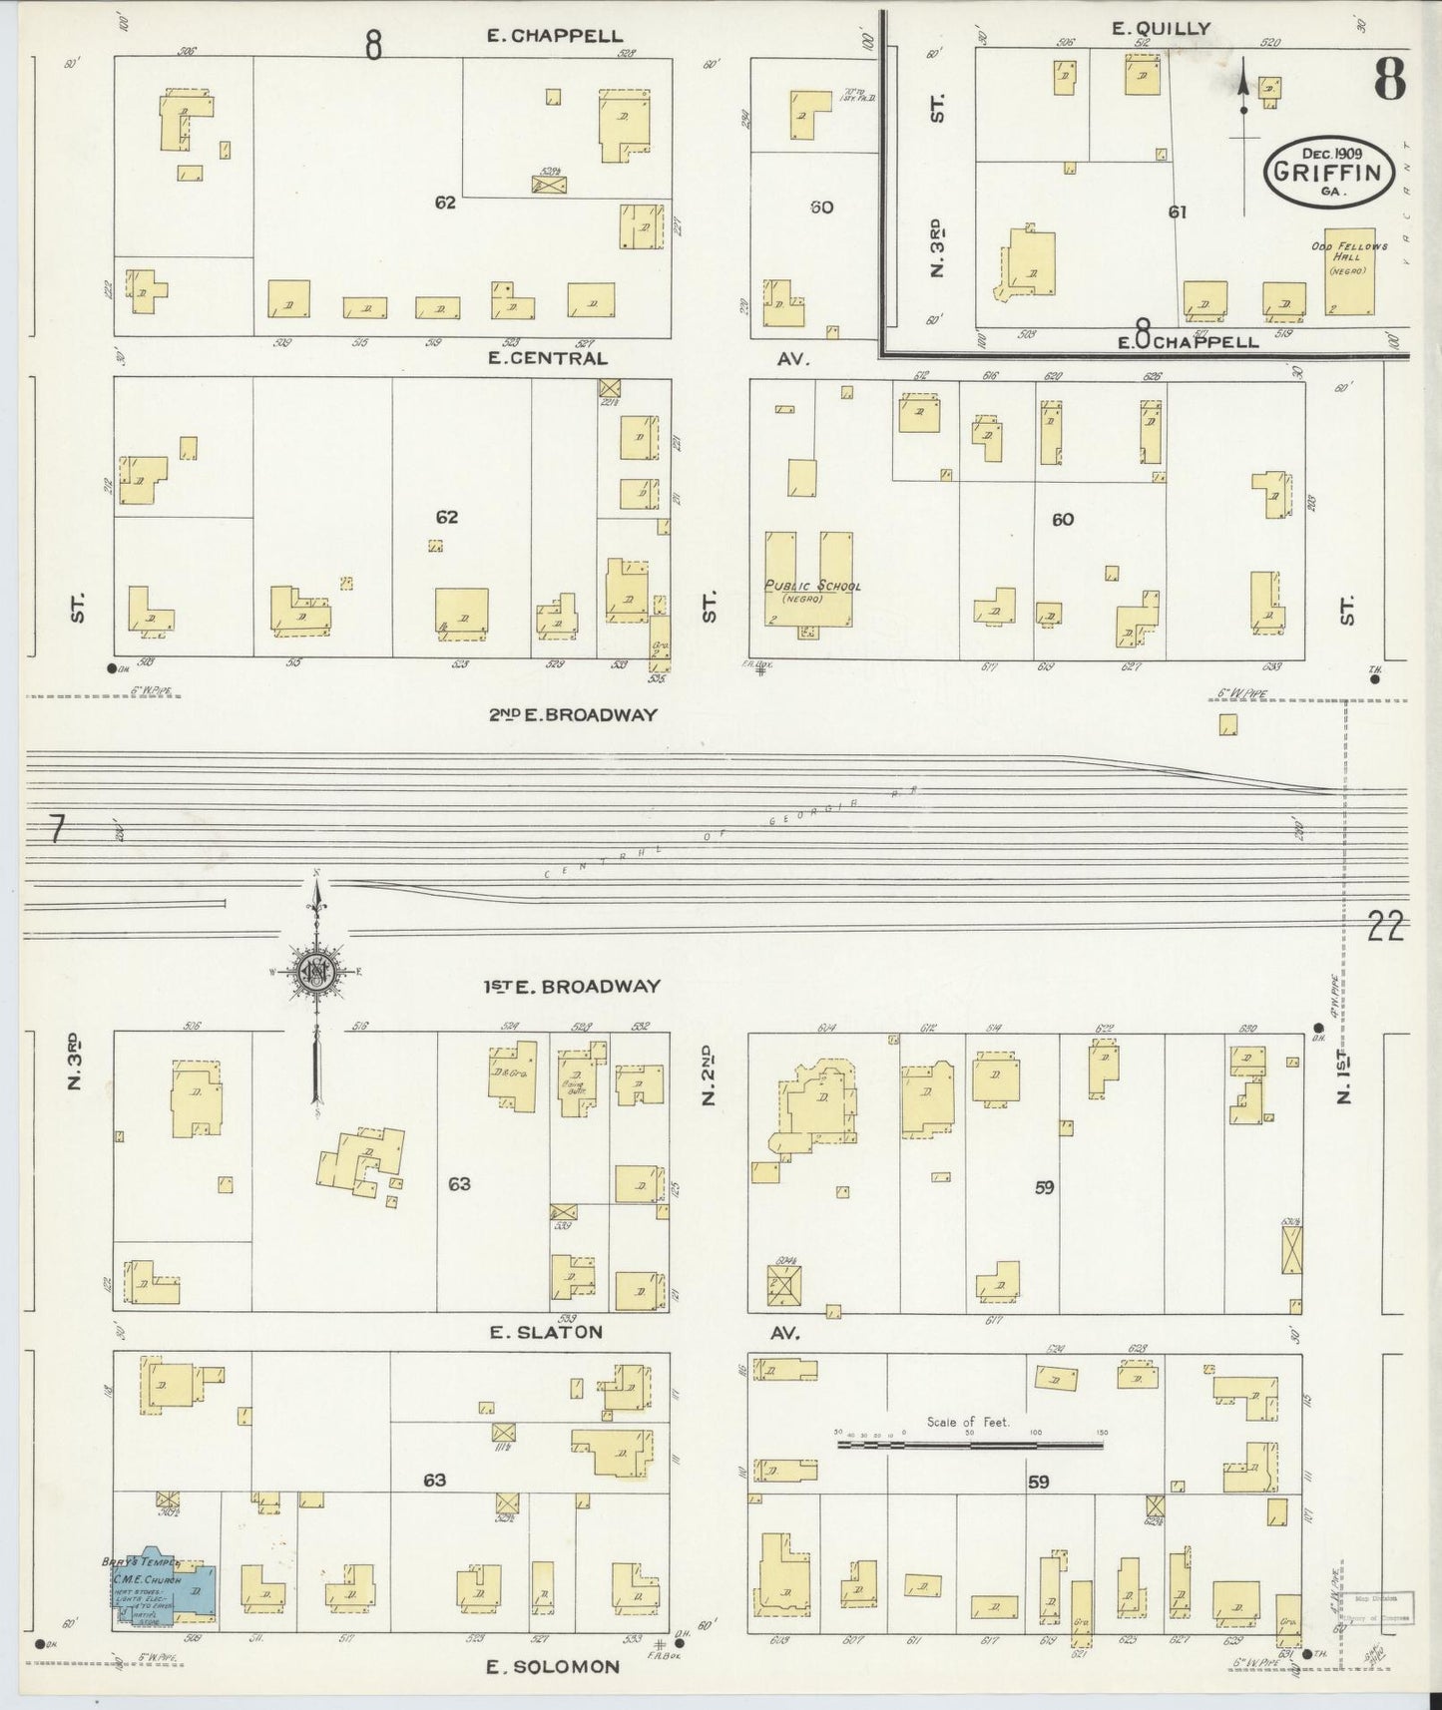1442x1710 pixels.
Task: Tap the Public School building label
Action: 811,587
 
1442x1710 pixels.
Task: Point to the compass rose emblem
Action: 317,971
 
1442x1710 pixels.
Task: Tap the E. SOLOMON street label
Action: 552,1666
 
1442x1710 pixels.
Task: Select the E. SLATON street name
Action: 545,1332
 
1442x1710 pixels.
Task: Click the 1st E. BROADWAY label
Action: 572,987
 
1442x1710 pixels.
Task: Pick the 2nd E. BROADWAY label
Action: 573,714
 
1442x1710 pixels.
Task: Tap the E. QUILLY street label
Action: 1161,29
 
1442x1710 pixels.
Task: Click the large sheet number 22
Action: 1386,928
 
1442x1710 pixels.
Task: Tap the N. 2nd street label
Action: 710,1075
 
